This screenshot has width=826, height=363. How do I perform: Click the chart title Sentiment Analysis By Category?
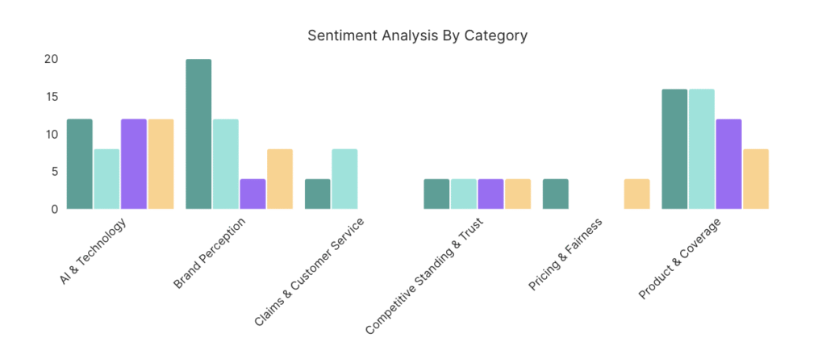(417, 35)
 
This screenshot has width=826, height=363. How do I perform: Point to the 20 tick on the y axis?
(52, 59)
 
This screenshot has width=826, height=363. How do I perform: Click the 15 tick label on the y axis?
(52, 97)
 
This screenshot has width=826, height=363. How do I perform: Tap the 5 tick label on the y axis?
(55, 171)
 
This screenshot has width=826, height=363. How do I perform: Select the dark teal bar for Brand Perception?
(198, 134)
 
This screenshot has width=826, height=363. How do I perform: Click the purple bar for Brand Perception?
(252, 194)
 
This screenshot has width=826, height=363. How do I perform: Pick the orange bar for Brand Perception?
(280, 179)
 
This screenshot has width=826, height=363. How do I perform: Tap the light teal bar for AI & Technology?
(106, 179)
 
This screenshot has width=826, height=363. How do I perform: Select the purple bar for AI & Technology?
(134, 164)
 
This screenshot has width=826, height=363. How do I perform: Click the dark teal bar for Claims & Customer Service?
(318, 194)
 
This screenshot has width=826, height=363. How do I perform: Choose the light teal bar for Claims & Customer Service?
(344, 179)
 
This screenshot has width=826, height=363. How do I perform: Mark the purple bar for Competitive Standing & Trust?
(490, 194)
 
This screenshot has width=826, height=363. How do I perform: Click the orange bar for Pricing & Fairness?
(636, 194)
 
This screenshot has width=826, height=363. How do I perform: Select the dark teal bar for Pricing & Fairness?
(556, 194)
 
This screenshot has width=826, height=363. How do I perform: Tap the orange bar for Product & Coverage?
(756, 179)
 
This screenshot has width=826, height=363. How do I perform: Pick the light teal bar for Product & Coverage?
(702, 149)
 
